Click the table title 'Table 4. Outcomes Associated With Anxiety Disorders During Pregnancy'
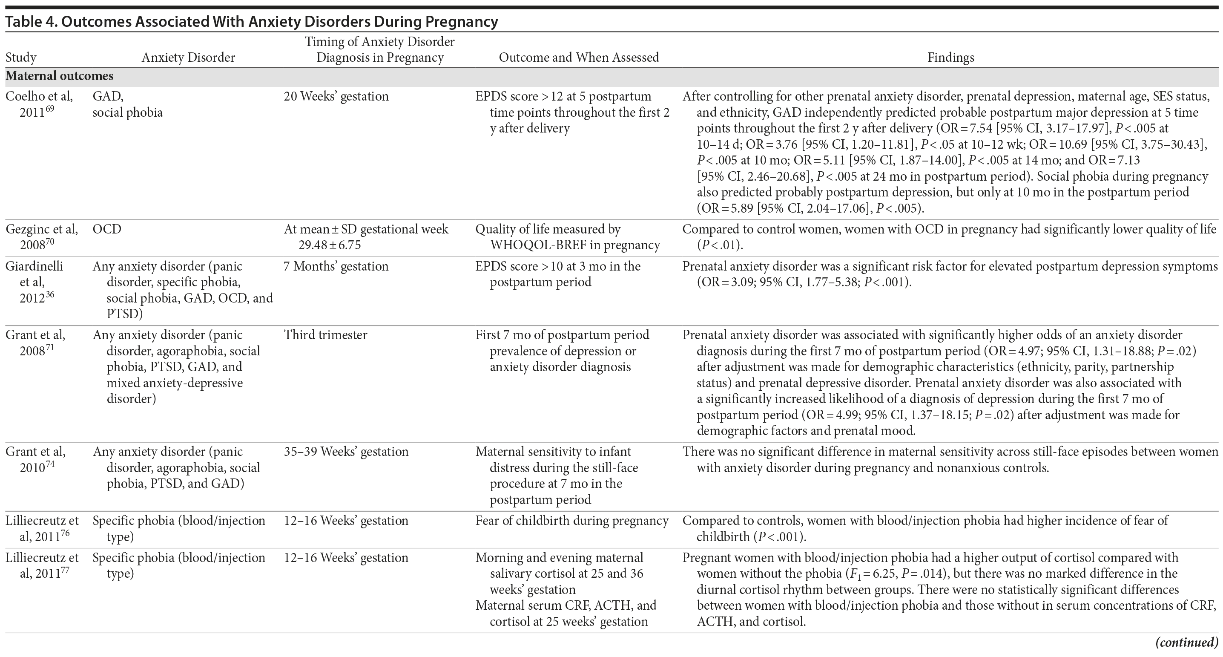tap(252, 22)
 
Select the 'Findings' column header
tap(950, 58)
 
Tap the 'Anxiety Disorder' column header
tap(188, 58)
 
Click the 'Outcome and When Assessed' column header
tap(578, 58)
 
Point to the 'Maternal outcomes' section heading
tap(59, 76)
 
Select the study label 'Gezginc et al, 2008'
tap(41, 236)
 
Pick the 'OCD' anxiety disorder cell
tap(107, 229)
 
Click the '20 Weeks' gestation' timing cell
tap(336, 96)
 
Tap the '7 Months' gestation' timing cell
tap(336, 266)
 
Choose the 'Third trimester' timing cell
tap(325, 335)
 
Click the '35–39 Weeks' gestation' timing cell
tap(346, 451)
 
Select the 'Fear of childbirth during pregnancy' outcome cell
tap(571, 521)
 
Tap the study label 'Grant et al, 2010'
tap(36, 459)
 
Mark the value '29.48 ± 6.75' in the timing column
tap(330, 245)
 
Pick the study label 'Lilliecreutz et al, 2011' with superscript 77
tap(42, 565)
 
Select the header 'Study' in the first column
tap(21, 58)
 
